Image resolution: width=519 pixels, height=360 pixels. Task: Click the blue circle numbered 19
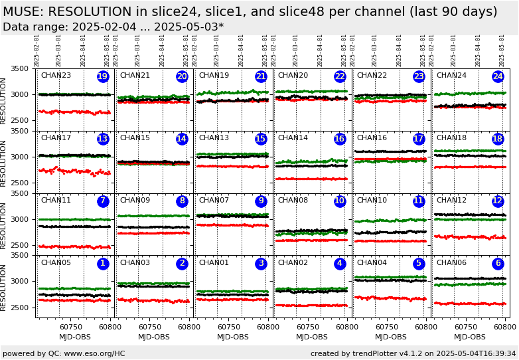pyautogui.click(x=103, y=76)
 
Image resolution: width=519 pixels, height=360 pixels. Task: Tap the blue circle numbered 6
pyautogui.click(x=498, y=264)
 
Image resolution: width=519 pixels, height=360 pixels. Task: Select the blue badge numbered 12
pyautogui.click(x=498, y=201)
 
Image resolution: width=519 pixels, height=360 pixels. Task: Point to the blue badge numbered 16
pyautogui.click(x=340, y=139)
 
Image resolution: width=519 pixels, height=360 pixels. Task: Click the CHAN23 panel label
pyautogui.click(x=56, y=76)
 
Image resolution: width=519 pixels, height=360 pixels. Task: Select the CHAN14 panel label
pyautogui.click(x=293, y=138)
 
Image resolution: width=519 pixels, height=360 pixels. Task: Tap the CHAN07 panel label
pyautogui.click(x=214, y=201)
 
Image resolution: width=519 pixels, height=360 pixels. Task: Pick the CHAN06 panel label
pyautogui.click(x=451, y=263)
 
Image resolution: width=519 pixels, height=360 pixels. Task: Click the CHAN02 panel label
pyautogui.click(x=293, y=263)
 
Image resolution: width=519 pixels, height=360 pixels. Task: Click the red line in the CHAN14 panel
pyautogui.click(x=312, y=179)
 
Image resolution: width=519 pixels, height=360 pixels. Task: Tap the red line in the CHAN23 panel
pyautogui.click(x=73, y=112)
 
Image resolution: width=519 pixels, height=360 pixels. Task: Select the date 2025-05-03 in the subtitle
pyautogui.click(x=194, y=27)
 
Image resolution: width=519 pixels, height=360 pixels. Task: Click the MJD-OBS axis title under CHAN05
pyautogui.click(x=75, y=337)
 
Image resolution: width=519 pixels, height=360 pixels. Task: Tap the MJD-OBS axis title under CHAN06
pyautogui.click(x=470, y=337)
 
